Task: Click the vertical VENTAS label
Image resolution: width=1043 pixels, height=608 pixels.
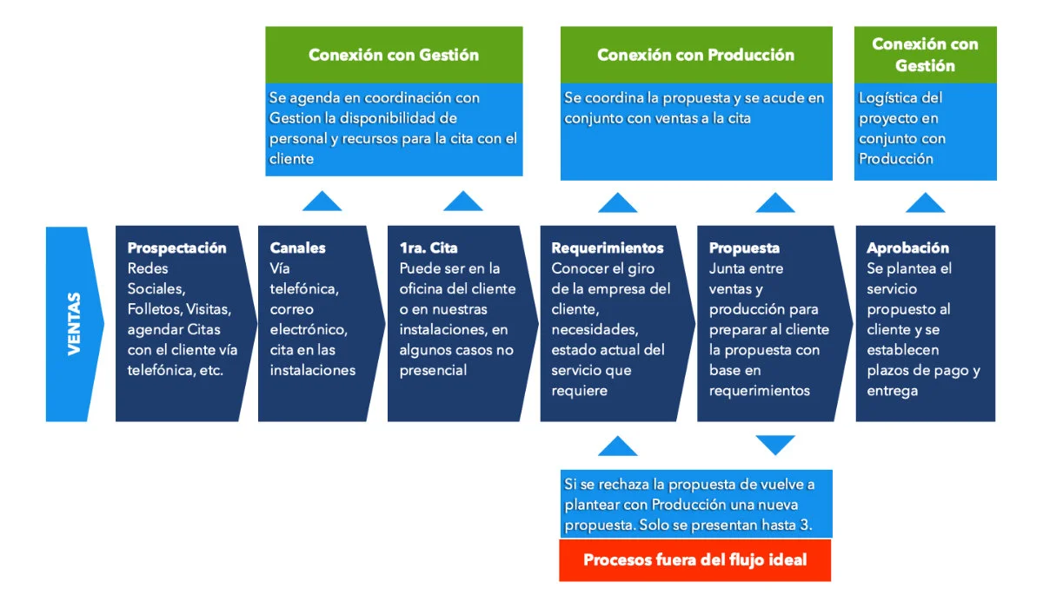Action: [76, 324]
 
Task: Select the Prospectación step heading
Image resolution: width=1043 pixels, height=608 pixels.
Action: [176, 248]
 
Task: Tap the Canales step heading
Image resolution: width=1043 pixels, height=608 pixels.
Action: [297, 248]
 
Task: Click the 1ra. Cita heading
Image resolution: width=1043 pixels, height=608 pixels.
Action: [428, 248]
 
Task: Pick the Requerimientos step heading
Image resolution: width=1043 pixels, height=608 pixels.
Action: [608, 248]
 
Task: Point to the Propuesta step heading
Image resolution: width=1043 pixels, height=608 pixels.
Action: [744, 248]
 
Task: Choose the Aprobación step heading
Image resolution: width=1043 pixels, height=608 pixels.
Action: [907, 248]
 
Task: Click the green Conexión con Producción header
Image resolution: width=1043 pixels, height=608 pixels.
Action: [695, 55]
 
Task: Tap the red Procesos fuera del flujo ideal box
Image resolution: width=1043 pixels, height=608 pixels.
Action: [694, 560]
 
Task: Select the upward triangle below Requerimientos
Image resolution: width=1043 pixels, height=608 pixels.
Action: [617, 446]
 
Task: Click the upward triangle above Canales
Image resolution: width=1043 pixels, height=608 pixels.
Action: [322, 202]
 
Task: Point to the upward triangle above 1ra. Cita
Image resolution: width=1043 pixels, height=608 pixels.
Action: [462, 202]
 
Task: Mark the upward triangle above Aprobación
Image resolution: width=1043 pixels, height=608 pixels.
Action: [925, 202]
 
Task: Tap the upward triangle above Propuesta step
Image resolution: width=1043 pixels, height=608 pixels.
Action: [775, 202]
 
